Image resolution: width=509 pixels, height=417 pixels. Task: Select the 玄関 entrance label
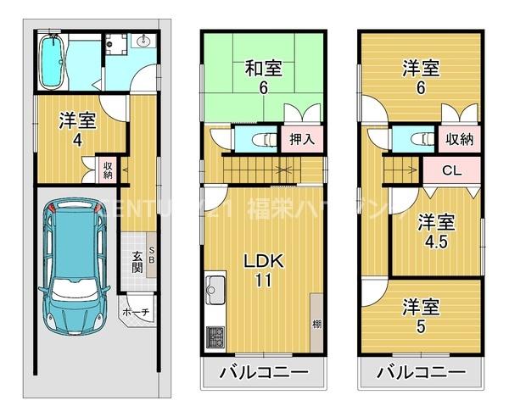[x=137, y=264]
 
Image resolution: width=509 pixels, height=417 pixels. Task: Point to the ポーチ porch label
[x=136, y=313]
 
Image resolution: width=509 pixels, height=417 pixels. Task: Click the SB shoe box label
[x=152, y=255]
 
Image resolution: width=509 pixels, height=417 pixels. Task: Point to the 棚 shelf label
[x=316, y=324]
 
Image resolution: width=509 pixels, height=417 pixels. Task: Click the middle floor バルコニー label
[x=263, y=373]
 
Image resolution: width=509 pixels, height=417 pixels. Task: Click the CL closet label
[x=451, y=170]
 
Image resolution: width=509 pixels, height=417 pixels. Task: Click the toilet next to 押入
[x=264, y=140]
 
